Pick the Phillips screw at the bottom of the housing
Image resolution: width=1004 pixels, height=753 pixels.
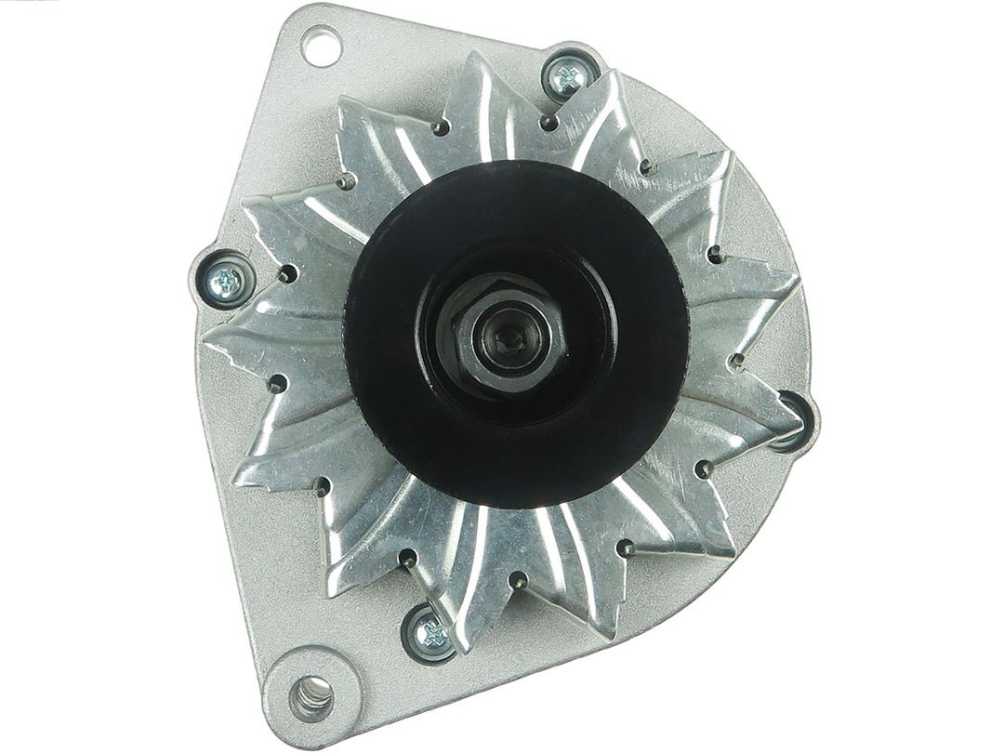pyautogui.click(x=430, y=634)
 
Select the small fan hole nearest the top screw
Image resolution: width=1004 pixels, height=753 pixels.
pyautogui.click(x=548, y=122)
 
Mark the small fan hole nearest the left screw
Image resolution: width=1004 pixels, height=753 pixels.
pyautogui.click(x=287, y=273)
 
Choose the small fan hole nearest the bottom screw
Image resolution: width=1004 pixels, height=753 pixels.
pyautogui.click(x=407, y=558)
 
